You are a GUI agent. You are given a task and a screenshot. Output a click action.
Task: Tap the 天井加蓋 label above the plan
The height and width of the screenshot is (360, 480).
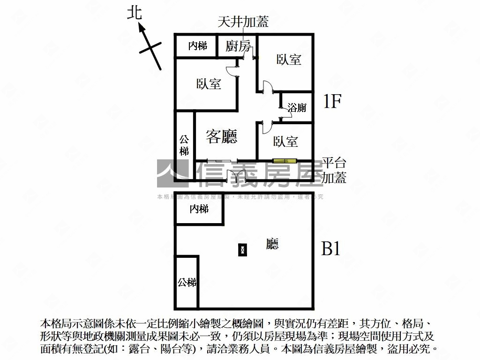click(x=243, y=22)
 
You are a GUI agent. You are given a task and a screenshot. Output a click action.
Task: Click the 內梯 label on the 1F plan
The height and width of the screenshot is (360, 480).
click(x=197, y=45)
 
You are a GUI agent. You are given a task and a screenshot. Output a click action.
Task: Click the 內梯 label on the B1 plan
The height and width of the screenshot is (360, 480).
click(x=199, y=209)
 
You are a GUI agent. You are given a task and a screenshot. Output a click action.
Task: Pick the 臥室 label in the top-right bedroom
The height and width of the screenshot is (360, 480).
click(x=289, y=60)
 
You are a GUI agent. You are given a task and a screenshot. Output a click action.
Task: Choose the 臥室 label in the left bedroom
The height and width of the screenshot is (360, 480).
click(x=209, y=84)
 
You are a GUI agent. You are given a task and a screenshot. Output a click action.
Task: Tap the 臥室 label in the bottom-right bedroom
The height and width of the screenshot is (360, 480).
click(x=285, y=141)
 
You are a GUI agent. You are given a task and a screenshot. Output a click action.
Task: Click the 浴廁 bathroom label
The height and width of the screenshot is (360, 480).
click(x=297, y=107)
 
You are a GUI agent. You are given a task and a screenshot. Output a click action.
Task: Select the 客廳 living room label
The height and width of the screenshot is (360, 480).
click(x=222, y=136)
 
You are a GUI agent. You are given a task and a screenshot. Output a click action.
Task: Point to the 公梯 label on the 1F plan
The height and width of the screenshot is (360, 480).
click(x=184, y=145)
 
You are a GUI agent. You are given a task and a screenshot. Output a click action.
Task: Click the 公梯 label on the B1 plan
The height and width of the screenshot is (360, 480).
click(x=187, y=282)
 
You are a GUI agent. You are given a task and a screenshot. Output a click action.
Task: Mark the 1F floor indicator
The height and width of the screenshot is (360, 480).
click(x=332, y=101)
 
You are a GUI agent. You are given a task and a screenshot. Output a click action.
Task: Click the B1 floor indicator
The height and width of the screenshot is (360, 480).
click(x=330, y=249)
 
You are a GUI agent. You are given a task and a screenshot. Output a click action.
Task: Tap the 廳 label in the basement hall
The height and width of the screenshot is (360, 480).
click(x=272, y=244)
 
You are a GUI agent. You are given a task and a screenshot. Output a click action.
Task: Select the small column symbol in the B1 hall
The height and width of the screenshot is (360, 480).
click(x=242, y=250)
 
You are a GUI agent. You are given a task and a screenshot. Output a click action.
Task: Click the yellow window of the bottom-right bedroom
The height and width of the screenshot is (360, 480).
click(x=285, y=161)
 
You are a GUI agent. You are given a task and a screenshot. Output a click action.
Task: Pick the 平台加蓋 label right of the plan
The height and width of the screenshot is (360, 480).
click(x=334, y=171)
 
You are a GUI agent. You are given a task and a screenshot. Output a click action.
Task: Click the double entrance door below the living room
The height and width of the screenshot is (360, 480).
click(x=236, y=176)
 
